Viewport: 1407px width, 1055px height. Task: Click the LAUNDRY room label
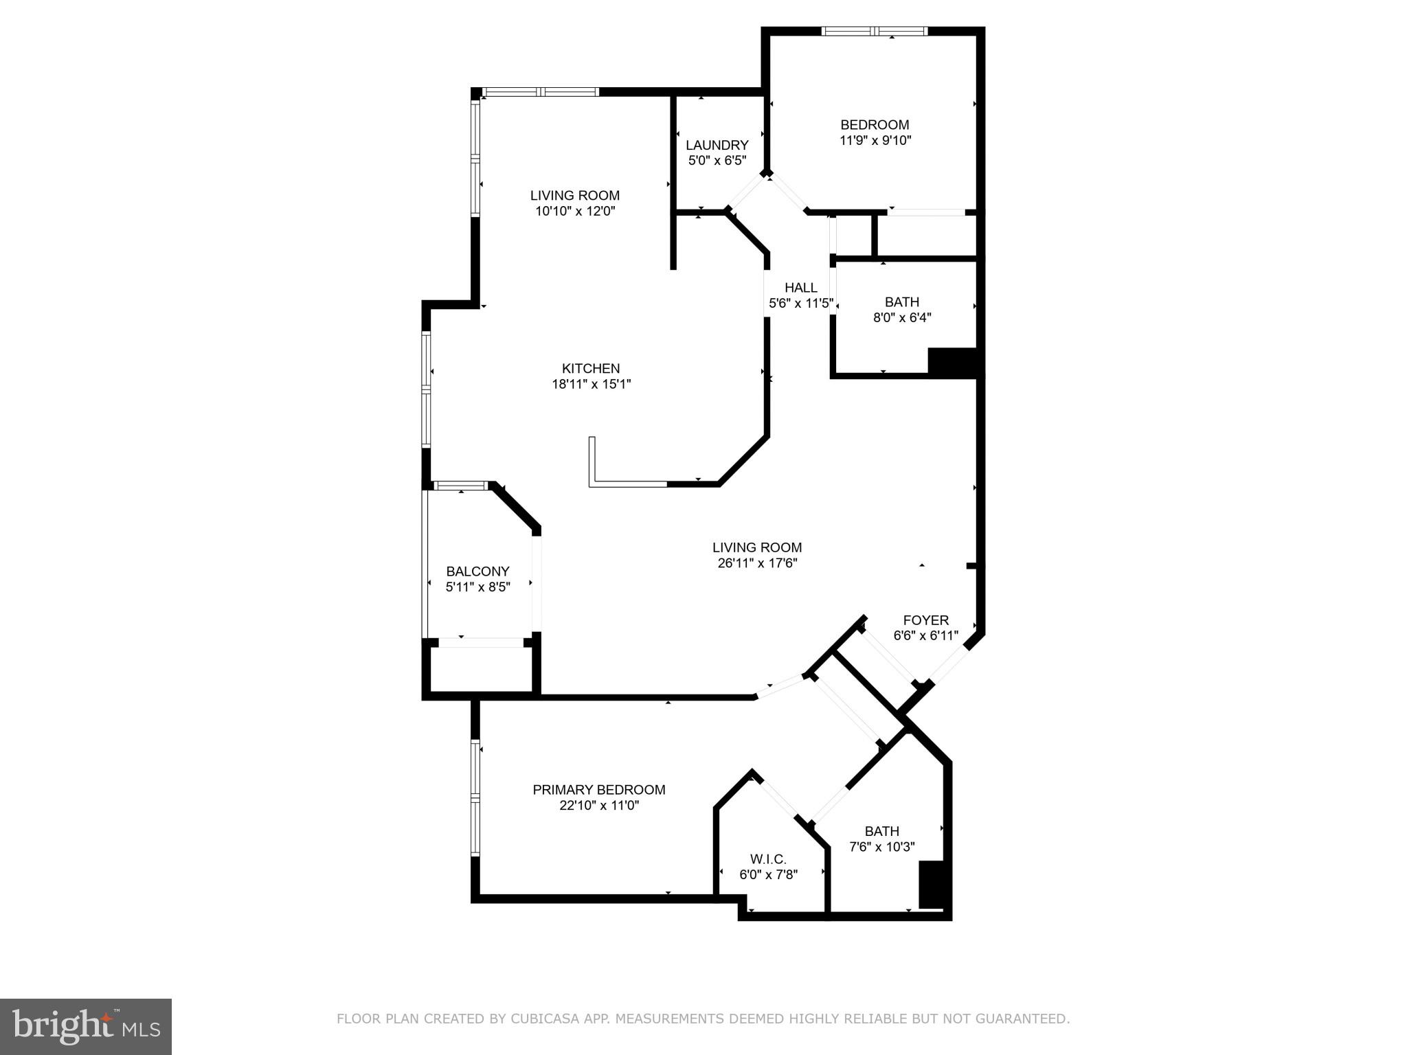pos(717,145)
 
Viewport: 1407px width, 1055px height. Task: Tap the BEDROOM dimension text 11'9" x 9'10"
pos(875,141)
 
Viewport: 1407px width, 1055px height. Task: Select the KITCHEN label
pos(591,368)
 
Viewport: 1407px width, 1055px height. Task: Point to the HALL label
pos(800,288)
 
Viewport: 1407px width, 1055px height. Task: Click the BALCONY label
pos(477,571)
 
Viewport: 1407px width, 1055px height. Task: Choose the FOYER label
pos(925,620)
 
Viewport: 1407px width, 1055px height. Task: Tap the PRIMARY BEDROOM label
pos(598,790)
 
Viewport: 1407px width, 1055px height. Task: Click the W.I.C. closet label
pos(767,859)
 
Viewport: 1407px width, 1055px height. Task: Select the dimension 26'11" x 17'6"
pos(757,563)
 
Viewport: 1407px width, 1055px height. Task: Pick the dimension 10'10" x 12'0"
pos(575,212)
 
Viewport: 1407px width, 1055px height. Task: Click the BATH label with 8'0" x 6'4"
pos(901,302)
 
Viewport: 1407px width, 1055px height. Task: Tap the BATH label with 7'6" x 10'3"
pos(881,831)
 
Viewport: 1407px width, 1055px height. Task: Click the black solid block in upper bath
pos(952,362)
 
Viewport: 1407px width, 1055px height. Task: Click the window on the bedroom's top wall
pos(875,31)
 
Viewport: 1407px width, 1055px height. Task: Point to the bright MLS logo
pos(85,1026)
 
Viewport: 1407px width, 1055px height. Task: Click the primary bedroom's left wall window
pos(475,797)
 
